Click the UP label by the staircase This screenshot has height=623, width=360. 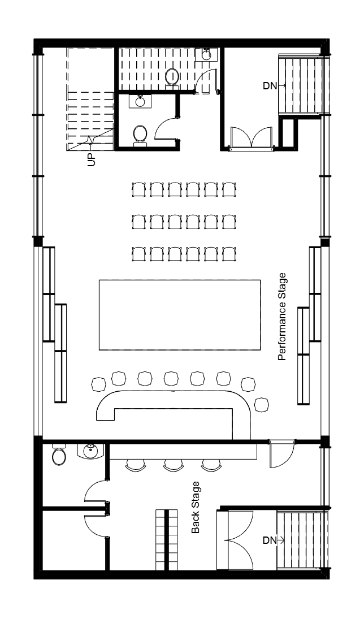pos(92,160)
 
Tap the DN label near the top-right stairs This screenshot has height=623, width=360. pos(270,85)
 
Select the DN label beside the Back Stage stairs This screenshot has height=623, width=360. pos(270,540)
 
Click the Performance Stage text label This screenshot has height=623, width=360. pos(281,316)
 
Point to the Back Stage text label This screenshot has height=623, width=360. pos(195,507)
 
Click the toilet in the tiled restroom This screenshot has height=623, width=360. pos(172,77)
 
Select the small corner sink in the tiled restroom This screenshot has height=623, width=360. pos(206,54)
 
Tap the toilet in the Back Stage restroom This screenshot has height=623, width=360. pos(59,455)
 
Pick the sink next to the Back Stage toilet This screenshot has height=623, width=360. pos(90,451)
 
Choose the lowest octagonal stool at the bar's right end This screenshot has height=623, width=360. pos(262,404)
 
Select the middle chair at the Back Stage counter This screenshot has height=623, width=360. pos(172,465)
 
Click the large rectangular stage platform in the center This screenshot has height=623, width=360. pos(180,315)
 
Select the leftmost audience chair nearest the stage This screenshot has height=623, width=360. pos(138,254)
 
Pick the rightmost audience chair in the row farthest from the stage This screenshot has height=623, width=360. pos(229,189)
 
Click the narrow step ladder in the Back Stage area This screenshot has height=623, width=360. pos(167,540)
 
